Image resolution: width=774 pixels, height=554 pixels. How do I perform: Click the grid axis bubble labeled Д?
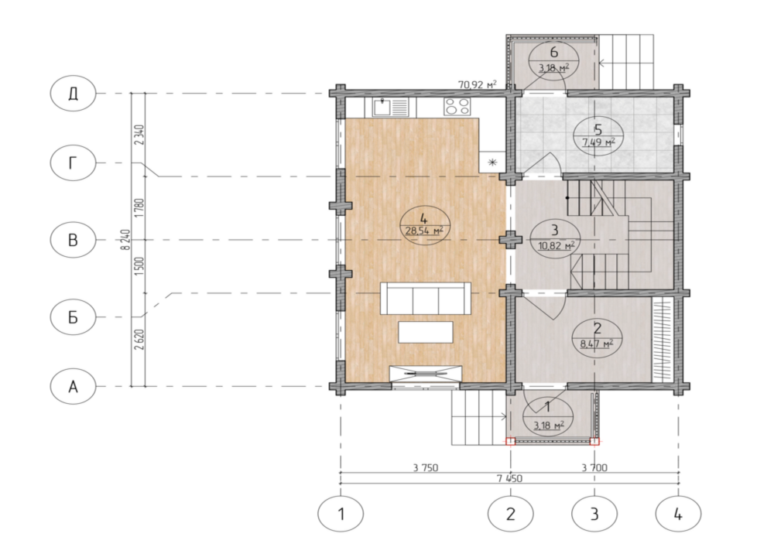(x=73, y=94)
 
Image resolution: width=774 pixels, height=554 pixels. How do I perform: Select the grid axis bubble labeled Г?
(x=73, y=162)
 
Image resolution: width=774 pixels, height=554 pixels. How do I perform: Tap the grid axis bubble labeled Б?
(x=73, y=317)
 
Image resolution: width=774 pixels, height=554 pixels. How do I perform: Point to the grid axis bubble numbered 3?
(x=594, y=514)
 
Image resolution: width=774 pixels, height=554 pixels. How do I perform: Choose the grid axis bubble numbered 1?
(x=341, y=514)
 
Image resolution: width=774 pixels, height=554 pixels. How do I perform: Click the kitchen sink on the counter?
(x=390, y=107)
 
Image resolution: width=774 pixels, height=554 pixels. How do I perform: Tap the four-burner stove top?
(x=457, y=107)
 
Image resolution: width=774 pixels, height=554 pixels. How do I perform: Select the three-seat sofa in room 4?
(x=426, y=298)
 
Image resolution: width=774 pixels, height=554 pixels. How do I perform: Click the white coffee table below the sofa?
(x=426, y=332)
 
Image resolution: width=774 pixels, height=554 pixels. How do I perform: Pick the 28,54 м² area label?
(x=424, y=231)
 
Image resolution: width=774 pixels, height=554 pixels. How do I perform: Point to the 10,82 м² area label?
(x=556, y=245)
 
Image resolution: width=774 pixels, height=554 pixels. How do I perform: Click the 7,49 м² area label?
(x=598, y=142)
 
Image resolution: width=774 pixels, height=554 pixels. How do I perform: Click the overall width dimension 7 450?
(x=510, y=478)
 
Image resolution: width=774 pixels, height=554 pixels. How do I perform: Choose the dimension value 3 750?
(x=426, y=467)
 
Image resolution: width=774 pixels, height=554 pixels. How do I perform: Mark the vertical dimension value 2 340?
(x=139, y=135)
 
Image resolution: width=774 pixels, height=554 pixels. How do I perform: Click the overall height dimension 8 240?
(x=125, y=240)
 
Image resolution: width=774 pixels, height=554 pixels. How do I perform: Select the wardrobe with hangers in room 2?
(x=663, y=340)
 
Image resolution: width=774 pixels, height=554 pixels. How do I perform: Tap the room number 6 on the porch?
(x=553, y=52)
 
